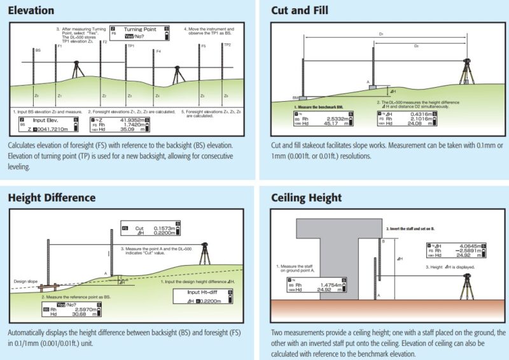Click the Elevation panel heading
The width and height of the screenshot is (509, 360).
[x=31, y=11]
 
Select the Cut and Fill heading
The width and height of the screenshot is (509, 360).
[x=298, y=11]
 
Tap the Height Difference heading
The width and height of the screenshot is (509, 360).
[x=52, y=197]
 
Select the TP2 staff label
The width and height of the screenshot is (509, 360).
[x=227, y=45]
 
